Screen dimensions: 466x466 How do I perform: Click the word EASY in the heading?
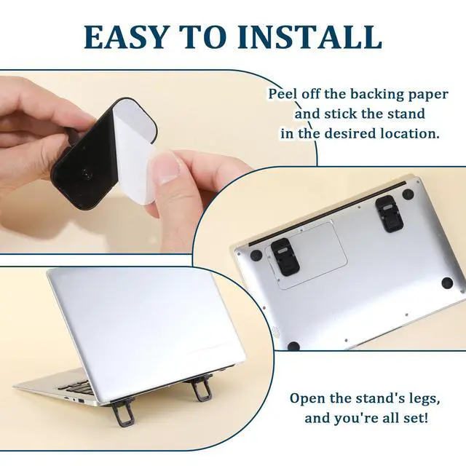[x=125, y=37]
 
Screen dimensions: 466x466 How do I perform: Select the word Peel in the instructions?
[x=283, y=94]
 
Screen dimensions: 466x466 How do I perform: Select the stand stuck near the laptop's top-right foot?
[x=389, y=214]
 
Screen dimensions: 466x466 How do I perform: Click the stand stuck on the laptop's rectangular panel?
[x=285, y=256]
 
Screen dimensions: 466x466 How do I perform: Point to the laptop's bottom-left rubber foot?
[x=293, y=347]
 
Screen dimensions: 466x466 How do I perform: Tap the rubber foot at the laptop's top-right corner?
[x=408, y=194]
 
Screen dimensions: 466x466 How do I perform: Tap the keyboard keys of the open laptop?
[x=79, y=387]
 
